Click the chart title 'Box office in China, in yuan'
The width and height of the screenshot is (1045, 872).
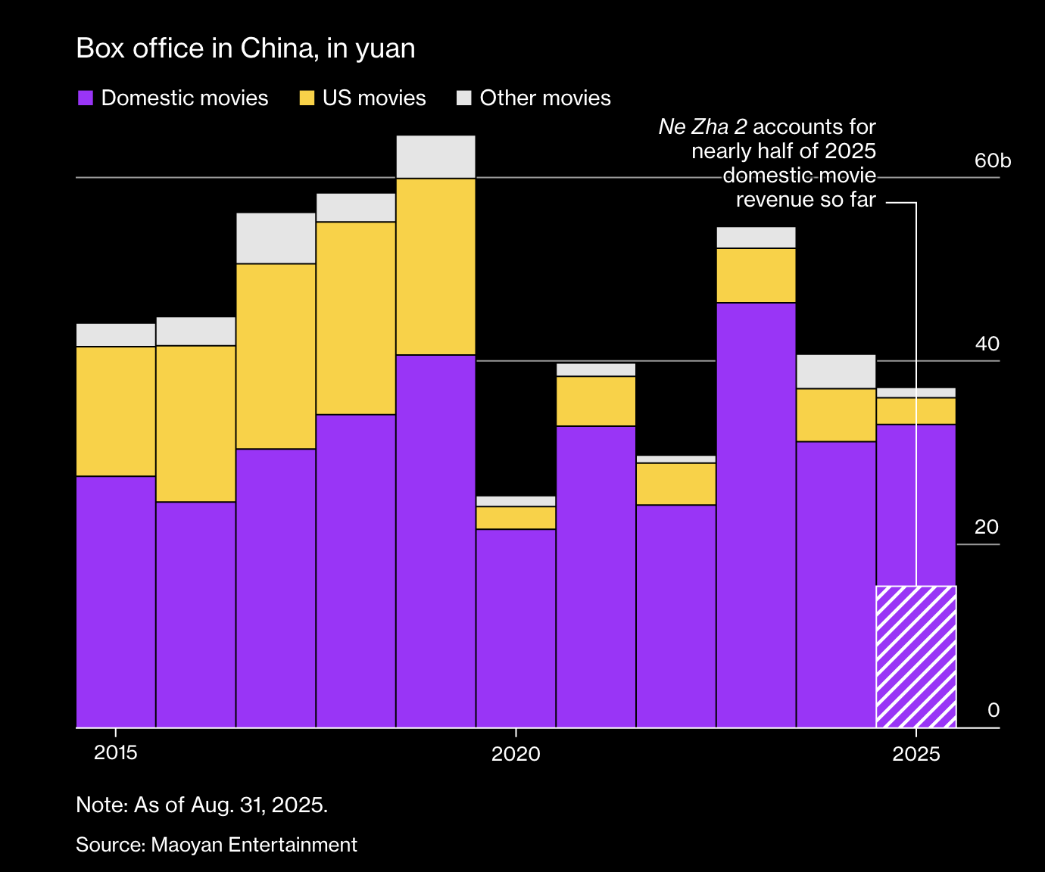pos(245,48)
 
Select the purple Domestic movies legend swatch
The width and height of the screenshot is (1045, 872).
pos(86,98)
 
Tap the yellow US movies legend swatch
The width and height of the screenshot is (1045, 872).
pos(307,98)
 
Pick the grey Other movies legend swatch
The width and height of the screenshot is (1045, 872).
pos(464,98)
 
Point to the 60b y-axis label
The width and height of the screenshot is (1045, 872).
pos(992,161)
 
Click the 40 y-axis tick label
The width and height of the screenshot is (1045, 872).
pos(987,344)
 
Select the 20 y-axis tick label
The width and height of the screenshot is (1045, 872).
pos(987,528)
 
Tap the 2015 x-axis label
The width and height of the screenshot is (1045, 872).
pos(115,753)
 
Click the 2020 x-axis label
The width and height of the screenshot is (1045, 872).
pos(516,753)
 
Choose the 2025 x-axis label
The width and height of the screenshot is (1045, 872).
pos(916,753)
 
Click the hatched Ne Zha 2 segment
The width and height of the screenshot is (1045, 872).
pos(916,656)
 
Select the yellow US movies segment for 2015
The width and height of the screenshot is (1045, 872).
pos(116,411)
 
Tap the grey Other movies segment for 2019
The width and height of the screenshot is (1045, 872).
pos(435,157)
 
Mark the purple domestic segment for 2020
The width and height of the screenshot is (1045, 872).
pos(516,628)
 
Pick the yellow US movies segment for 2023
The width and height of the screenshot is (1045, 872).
pos(756,276)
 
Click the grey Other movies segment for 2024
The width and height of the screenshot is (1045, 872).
pos(836,371)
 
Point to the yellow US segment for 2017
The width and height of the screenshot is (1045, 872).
pos(276,356)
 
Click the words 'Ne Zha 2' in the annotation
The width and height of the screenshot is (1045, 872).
pos(703,127)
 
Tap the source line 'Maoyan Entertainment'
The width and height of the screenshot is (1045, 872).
pos(254,845)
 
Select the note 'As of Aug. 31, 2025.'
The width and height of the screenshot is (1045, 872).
pos(230,805)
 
